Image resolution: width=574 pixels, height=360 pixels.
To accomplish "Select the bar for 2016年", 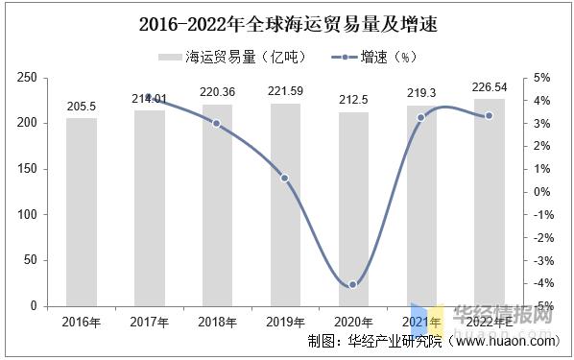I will pyautogui.click(x=82, y=211).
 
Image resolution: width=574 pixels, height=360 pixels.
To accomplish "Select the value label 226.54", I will pyautogui.click(x=490, y=89).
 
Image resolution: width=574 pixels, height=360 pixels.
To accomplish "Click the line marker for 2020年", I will pyautogui.click(x=353, y=284).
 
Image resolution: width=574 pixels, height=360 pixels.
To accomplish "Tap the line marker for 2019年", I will pyautogui.click(x=285, y=178).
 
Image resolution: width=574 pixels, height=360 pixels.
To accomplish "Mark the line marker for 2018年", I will pyautogui.click(x=217, y=124).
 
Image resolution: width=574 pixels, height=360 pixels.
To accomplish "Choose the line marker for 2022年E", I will pyautogui.click(x=490, y=116).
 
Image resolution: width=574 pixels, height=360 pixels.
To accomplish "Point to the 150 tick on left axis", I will pyautogui.click(x=27, y=169).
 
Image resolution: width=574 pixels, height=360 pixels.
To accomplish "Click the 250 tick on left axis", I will pyautogui.click(x=27, y=78).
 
